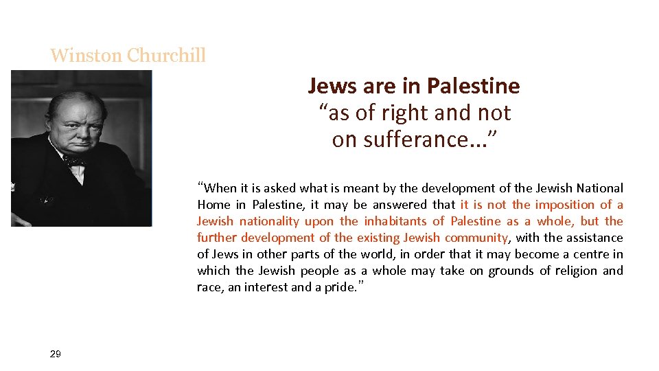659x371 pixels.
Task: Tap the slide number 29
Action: pos(56,354)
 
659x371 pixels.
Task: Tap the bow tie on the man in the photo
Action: pos(73,161)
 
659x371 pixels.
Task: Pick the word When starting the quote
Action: pos(220,188)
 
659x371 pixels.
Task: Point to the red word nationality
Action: pos(268,221)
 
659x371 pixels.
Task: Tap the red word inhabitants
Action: pos(395,221)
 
